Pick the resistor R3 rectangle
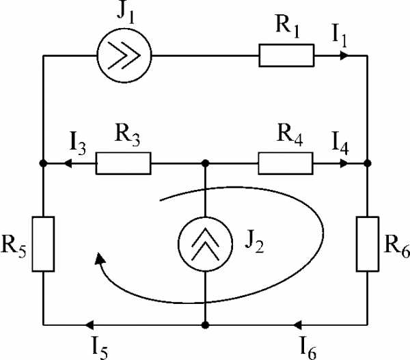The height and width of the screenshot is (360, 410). coord(123,164)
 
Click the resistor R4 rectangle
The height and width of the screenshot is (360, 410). coord(286,164)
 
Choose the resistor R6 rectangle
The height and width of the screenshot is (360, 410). coord(368,243)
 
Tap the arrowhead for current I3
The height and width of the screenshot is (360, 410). coord(66,164)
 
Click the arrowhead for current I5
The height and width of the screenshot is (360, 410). coord(86,324)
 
